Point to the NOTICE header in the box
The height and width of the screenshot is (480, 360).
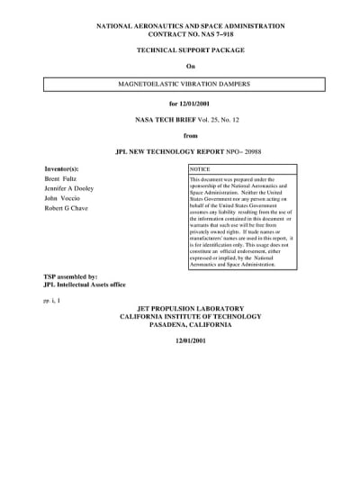point(201,169)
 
